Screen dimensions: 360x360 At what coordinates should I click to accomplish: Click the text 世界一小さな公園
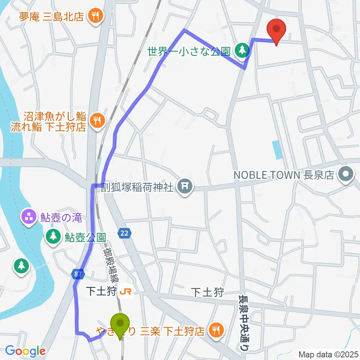click(190, 51)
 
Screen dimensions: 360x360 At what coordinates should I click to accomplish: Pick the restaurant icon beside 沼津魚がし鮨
click(97, 120)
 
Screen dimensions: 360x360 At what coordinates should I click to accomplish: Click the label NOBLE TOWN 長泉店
click(283, 174)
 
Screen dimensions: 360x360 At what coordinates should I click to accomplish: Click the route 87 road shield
click(76, 274)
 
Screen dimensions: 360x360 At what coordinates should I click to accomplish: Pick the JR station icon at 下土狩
click(124, 291)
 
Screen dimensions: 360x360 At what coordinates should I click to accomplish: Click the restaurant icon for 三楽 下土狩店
click(216, 330)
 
